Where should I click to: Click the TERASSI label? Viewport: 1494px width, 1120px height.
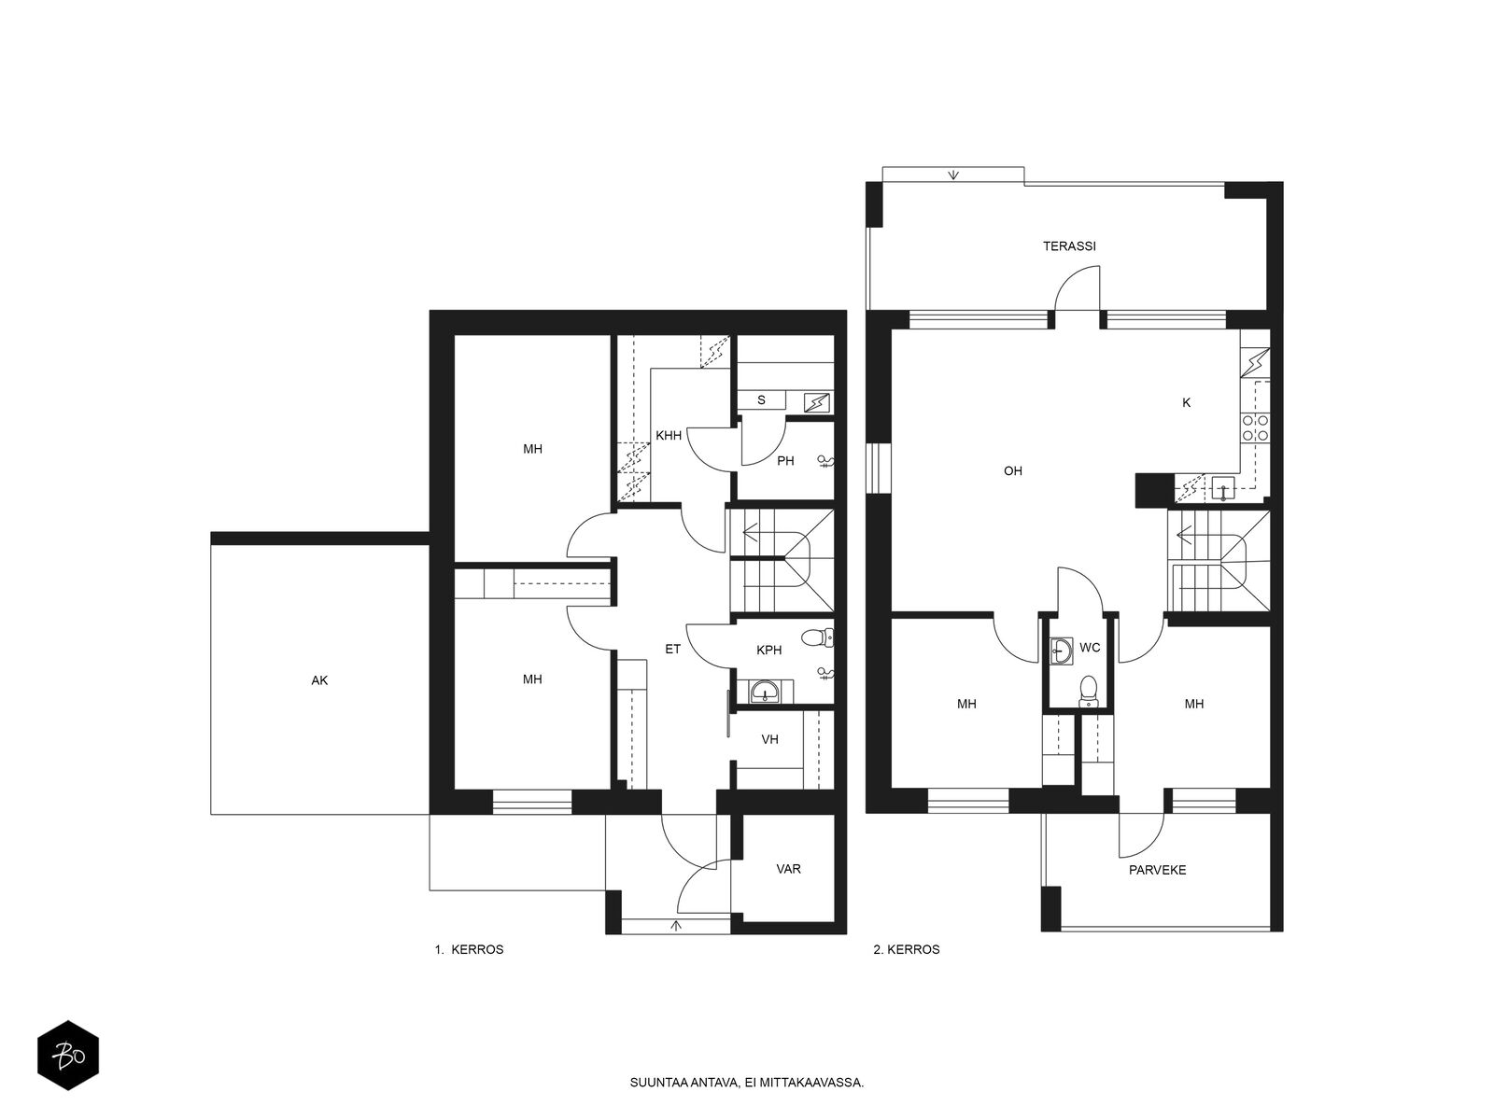pos(1069,246)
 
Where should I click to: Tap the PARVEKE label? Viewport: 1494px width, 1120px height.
pos(1157,870)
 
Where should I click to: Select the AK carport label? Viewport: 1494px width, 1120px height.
pos(319,680)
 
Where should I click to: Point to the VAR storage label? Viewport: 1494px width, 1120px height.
pos(788,868)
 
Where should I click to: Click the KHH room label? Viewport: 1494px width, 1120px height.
pos(669,435)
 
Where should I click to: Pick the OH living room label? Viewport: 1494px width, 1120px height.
pos(1013,470)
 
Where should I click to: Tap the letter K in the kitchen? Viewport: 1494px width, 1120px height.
pos(1187,402)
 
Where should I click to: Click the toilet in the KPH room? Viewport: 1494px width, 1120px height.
pos(817,637)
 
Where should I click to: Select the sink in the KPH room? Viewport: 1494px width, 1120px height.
pos(766,692)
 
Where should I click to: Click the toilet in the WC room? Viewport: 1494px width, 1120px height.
pos(1089,691)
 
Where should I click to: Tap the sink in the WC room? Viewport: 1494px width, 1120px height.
pos(1061,651)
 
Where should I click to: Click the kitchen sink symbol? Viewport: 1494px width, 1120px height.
pos(1223,489)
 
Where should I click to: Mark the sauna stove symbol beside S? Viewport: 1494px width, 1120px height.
pos(817,402)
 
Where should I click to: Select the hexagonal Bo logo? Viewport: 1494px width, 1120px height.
pos(68,1056)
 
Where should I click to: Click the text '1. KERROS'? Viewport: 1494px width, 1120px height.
pos(469,949)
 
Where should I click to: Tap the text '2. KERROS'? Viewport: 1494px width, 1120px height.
pos(907,949)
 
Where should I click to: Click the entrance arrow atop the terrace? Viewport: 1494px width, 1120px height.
pos(953,175)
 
